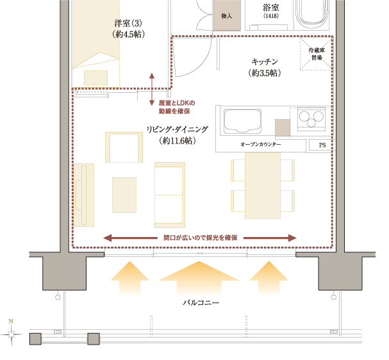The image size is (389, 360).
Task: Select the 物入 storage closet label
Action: [x=226, y=15]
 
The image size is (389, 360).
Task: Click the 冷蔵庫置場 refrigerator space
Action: [x=315, y=53]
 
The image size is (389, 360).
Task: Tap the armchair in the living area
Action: [x=124, y=147]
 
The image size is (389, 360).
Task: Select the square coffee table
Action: [x=124, y=195]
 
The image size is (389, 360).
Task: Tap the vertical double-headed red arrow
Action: [x=152, y=89]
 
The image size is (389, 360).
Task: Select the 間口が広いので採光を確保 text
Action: [x=200, y=238]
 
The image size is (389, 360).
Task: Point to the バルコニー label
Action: [x=201, y=302]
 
